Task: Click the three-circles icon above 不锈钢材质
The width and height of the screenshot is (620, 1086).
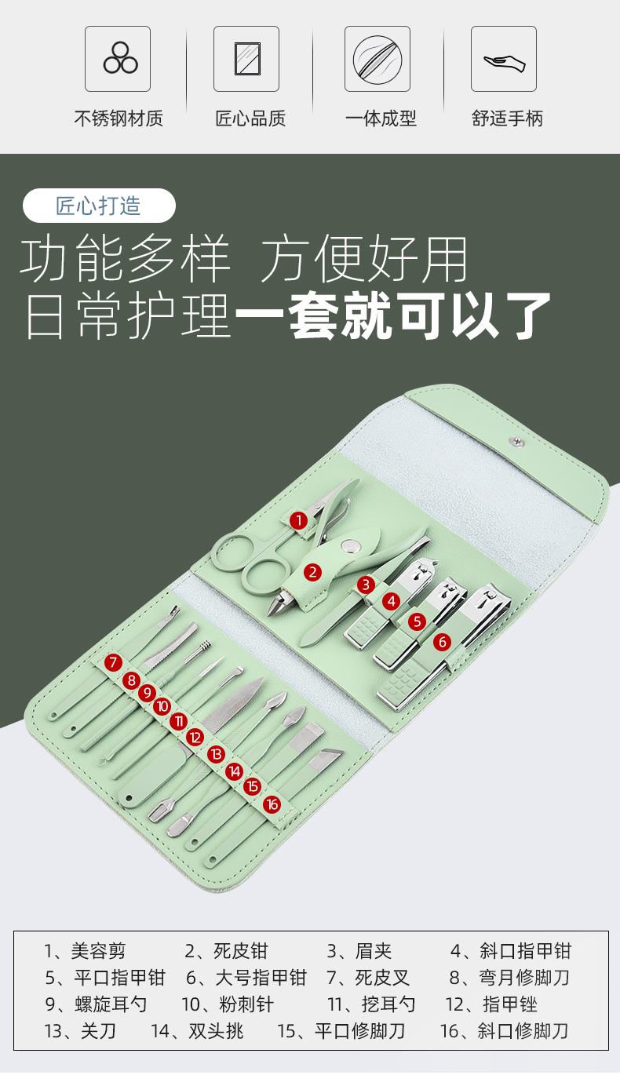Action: point(120,58)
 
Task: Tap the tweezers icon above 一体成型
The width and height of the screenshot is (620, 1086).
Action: point(377,59)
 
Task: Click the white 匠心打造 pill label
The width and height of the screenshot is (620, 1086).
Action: point(99,206)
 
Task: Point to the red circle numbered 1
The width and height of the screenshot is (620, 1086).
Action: point(298,521)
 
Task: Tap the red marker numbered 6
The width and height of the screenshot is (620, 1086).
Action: point(442,643)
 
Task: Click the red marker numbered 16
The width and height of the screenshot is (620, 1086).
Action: point(272,805)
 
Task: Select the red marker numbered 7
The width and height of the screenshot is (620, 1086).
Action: point(113,662)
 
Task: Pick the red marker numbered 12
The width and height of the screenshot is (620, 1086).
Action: point(195,738)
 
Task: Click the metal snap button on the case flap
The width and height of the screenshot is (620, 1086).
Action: point(516,441)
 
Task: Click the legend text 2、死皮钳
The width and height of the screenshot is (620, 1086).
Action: point(226,951)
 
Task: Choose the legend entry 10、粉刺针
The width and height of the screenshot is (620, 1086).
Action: point(228,1004)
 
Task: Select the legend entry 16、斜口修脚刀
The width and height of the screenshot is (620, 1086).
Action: point(504,1031)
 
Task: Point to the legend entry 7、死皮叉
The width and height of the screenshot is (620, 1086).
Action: point(368,978)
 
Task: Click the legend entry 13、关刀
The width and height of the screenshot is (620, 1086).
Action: point(80,1031)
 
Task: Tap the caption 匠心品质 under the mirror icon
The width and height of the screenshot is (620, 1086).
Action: point(250,118)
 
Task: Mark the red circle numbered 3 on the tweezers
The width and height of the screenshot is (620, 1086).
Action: point(366,585)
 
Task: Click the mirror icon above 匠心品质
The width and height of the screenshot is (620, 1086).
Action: point(247,59)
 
